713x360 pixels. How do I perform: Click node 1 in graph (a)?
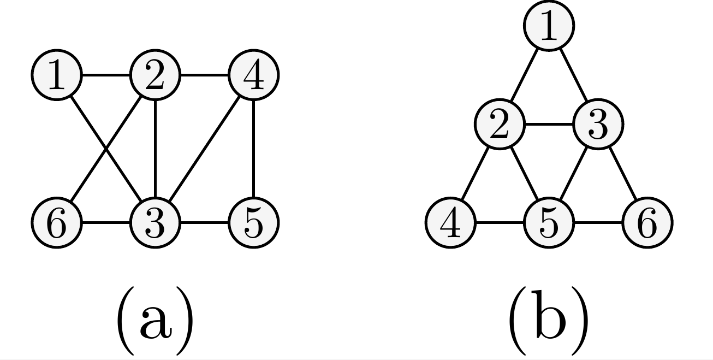pos(56,75)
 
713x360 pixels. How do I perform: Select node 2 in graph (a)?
pos(155,75)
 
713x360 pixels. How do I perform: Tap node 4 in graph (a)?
pos(253,75)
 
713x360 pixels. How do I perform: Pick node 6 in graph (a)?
pos(56,223)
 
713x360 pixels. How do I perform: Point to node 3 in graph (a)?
pos(155,223)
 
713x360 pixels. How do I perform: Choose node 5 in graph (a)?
pos(253,223)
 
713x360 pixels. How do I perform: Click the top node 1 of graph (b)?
pos(549,26)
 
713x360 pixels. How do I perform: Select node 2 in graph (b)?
pos(499,125)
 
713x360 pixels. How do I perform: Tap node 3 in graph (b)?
pos(598,125)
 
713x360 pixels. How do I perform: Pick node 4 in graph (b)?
pos(450,223)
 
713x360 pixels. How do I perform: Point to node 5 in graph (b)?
pos(549,223)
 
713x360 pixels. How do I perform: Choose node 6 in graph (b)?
pos(647,223)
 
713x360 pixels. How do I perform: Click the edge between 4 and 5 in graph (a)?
pos(253,149)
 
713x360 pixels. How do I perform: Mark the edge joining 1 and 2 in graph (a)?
pos(105,75)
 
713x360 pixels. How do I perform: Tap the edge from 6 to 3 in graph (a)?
pos(105,223)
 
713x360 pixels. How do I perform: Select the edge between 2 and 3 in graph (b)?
pos(549,125)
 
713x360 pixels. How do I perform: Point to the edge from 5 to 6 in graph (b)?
pos(598,223)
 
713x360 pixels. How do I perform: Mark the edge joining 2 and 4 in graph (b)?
pos(474,174)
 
